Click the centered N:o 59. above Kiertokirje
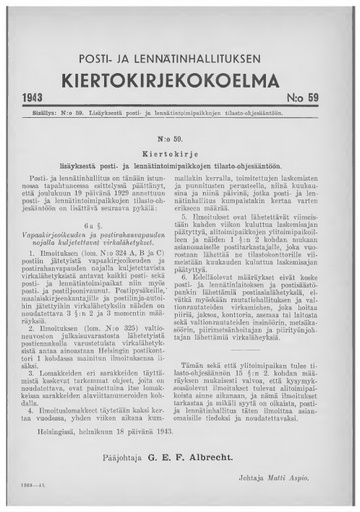tap(180, 132)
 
